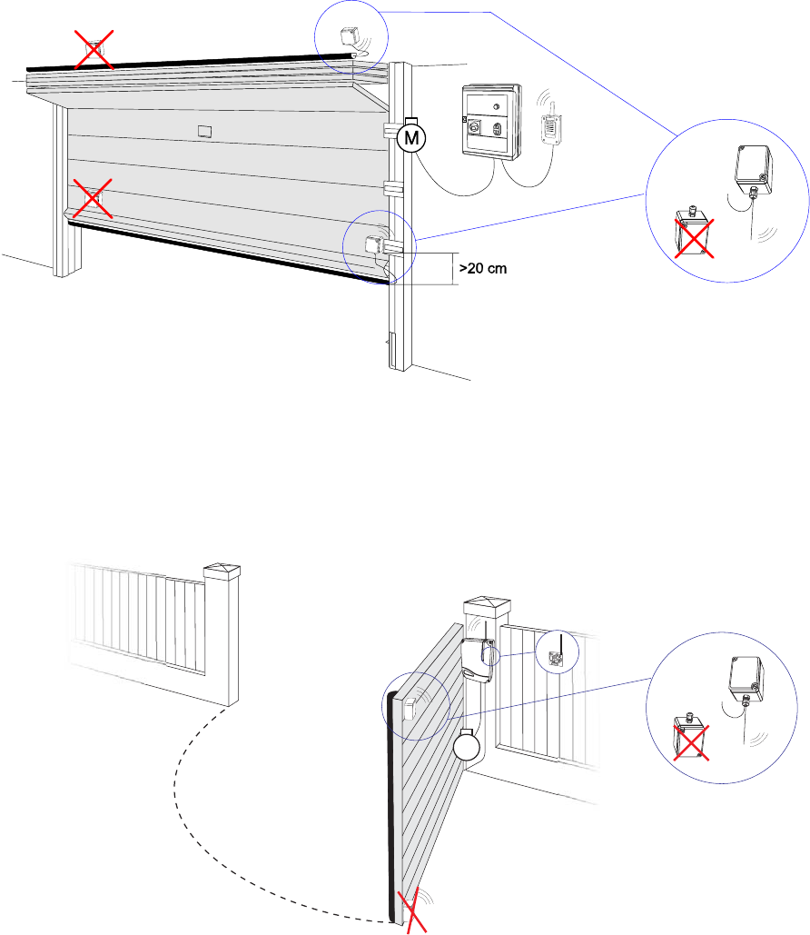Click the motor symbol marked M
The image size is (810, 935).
coord(411,137)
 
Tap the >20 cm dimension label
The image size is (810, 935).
coord(482,268)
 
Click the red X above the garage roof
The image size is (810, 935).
coord(94,47)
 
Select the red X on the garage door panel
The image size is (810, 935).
coord(94,197)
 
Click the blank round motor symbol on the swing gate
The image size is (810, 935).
coord(468,748)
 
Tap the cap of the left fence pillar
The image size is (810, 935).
coord(222,572)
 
